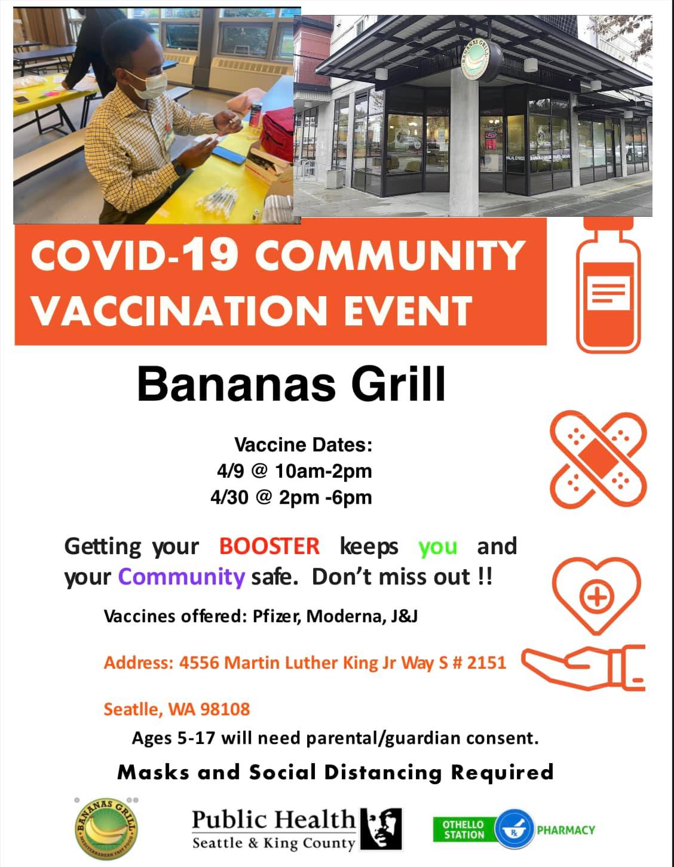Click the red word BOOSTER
tap(269, 546)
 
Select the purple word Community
tap(181, 577)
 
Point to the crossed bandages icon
tap(598, 459)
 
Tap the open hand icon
tap(583, 668)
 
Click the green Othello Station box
tap(464, 829)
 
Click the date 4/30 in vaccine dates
tap(229, 497)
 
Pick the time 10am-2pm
tap(323, 471)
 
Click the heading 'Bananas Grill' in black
tap(291, 384)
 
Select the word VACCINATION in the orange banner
tap(180, 311)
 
